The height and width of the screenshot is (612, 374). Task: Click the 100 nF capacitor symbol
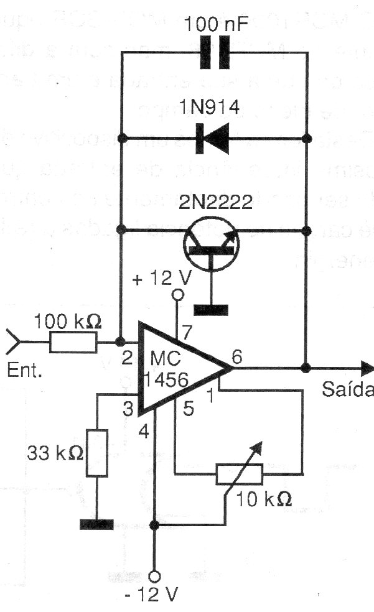pos(213,55)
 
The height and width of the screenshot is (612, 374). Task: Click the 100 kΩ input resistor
pos(73,342)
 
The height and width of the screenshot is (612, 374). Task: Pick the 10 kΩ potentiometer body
pos(240,475)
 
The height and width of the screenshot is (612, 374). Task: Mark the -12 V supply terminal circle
pos(156,576)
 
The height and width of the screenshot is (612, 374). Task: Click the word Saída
pos(348,391)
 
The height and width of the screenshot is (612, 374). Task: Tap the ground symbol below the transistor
pos(212,309)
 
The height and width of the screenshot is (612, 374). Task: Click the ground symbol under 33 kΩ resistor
pos(96,524)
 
